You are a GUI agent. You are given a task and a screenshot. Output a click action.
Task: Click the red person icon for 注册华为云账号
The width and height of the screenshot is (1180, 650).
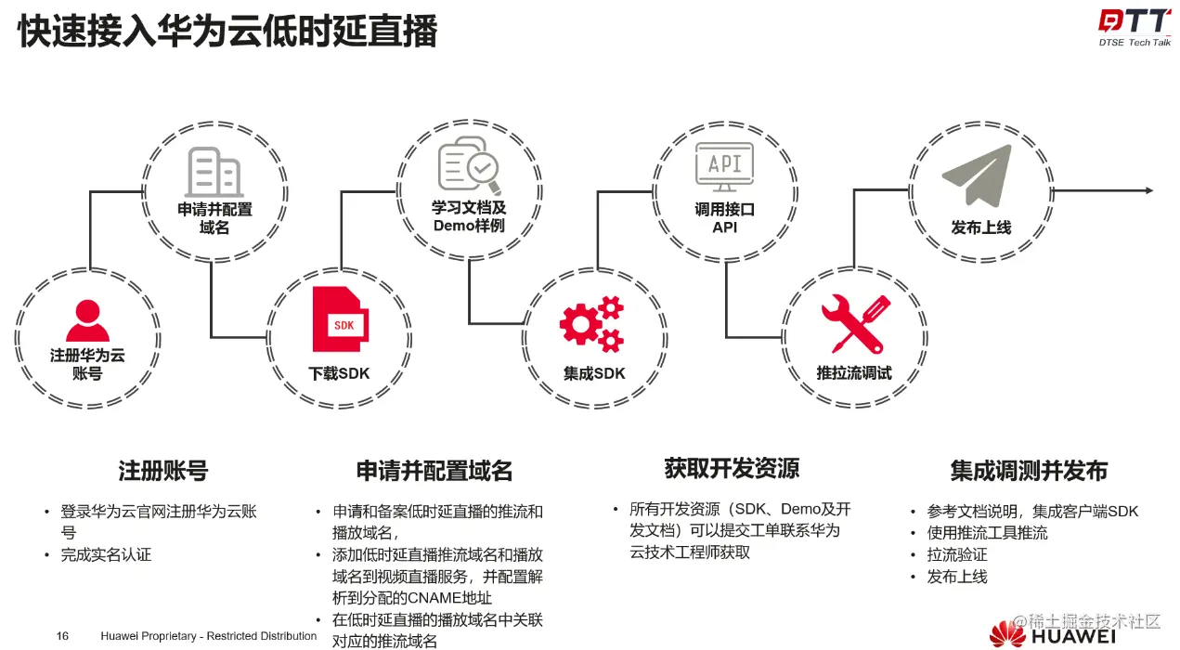87,321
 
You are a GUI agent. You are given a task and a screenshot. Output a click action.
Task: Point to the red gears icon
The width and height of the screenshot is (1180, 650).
591,324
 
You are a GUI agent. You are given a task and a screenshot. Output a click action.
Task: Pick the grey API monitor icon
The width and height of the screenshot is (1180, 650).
725,167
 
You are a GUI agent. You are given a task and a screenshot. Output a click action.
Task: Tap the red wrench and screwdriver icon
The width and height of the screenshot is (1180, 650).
855,324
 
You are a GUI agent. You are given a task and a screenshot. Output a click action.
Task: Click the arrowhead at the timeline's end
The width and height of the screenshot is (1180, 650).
1148,190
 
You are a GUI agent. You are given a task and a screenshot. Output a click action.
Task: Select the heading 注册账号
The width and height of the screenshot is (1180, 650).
162,471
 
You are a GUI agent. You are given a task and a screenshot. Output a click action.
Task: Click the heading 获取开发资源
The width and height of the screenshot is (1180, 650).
732,468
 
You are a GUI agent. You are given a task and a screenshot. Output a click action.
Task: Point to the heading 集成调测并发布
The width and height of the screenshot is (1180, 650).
1029,471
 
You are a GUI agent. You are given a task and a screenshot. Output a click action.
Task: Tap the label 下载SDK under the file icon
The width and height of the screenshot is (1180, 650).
339,373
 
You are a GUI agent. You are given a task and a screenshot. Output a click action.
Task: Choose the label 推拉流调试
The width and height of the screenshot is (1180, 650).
854,373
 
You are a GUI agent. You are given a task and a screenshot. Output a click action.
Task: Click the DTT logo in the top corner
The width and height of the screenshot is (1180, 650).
1134,23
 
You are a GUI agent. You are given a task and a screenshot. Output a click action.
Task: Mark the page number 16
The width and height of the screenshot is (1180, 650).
62,636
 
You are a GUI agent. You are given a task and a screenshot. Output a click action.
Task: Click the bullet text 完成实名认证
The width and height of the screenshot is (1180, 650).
106,555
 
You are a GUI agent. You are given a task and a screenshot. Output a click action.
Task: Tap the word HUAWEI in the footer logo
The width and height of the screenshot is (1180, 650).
1073,638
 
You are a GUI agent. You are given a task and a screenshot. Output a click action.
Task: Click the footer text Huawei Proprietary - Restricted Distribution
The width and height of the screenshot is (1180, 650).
209,636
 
